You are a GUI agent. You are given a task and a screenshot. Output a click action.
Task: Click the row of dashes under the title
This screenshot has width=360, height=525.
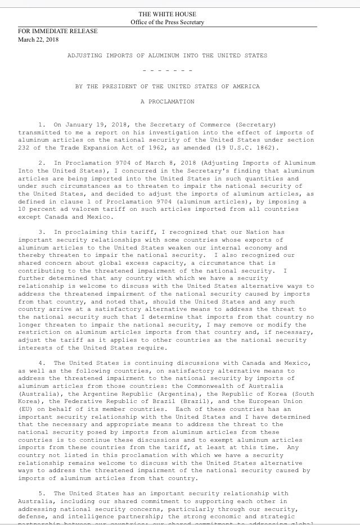(168, 71)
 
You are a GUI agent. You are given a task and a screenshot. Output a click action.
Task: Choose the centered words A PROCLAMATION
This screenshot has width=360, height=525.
(168, 102)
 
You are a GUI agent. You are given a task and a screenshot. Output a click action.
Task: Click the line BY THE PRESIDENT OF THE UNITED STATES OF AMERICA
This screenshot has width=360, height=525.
(168, 87)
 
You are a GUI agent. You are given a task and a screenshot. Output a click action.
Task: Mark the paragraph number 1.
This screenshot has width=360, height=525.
(41, 124)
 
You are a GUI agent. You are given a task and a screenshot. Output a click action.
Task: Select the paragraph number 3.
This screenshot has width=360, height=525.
(41, 232)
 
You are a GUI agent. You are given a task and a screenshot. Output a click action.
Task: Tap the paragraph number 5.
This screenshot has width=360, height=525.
(41, 493)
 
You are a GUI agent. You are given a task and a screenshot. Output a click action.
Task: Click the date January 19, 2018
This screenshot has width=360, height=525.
(92, 124)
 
